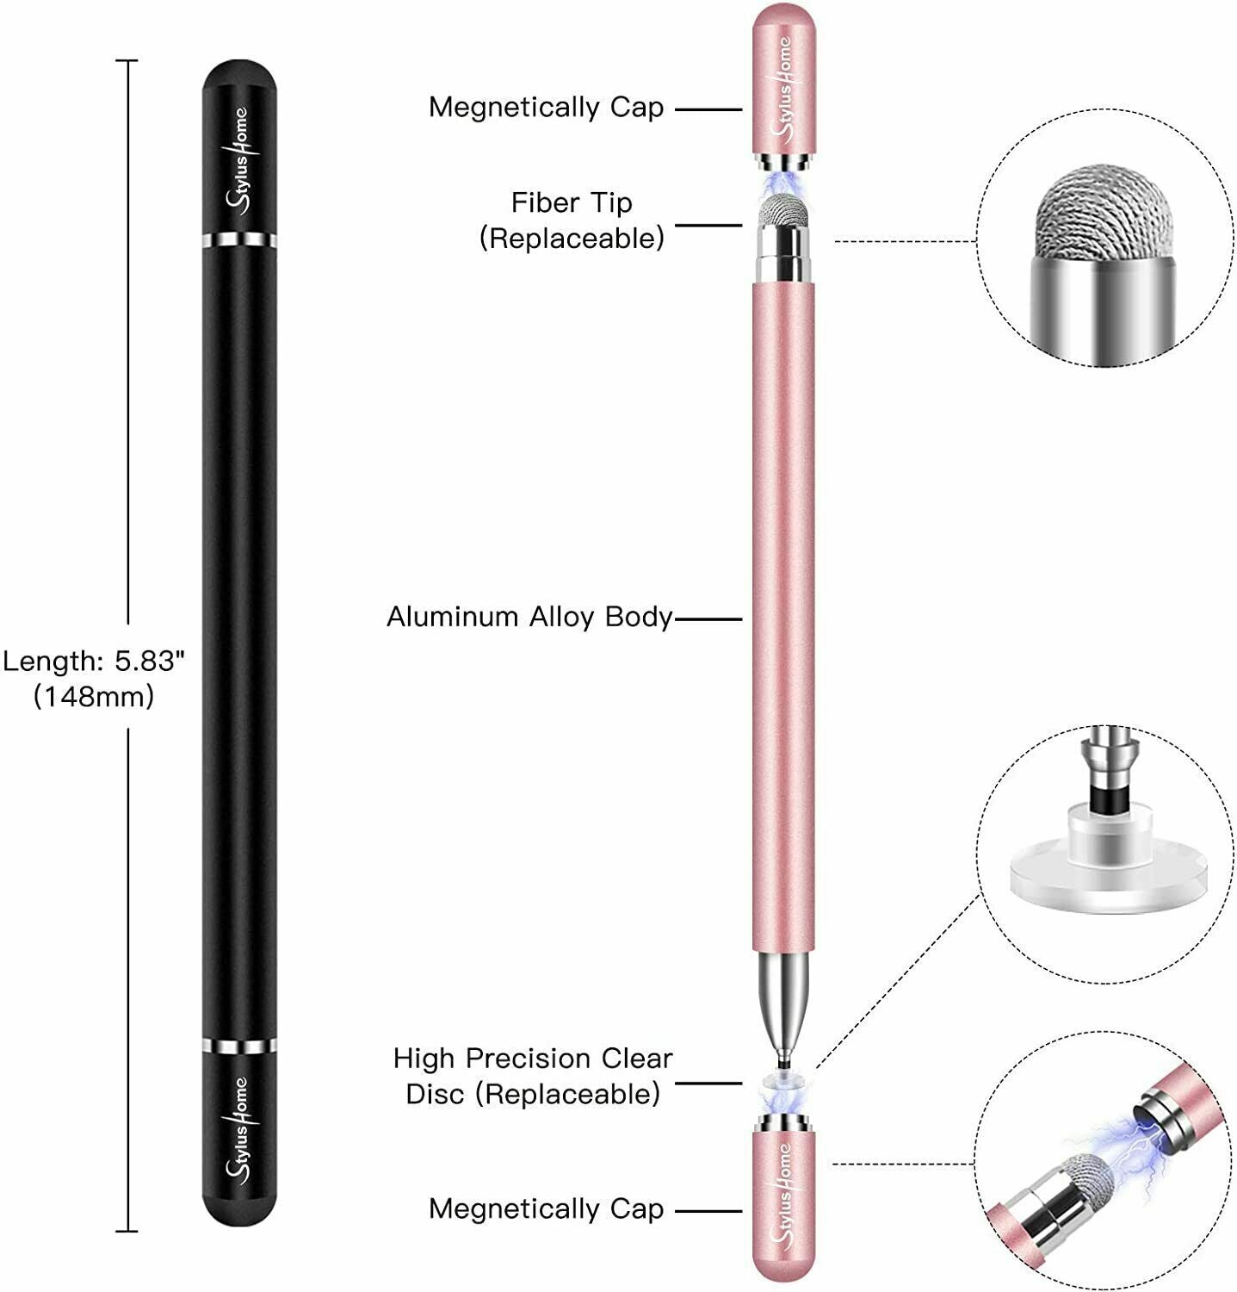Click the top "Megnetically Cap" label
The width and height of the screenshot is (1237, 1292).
click(x=546, y=108)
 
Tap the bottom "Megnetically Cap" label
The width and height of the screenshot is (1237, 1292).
click(x=546, y=1209)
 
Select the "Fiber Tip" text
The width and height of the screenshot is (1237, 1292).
click(x=572, y=202)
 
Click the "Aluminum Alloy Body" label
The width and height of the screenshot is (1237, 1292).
click(x=529, y=617)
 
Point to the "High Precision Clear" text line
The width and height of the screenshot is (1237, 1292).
click(x=533, y=1059)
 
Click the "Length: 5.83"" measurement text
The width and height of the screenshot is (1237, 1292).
click(x=94, y=662)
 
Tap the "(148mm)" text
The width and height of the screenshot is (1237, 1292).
click(x=94, y=696)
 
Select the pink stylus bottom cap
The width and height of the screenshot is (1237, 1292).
click(x=783, y=1206)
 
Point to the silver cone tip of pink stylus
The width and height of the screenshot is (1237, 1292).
click(x=783, y=999)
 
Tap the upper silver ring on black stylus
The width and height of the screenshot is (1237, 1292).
click(x=240, y=239)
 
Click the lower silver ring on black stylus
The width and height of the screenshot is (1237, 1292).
click(x=240, y=1047)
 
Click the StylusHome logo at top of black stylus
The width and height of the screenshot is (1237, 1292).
click(x=238, y=159)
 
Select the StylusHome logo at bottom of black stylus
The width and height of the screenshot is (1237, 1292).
click(x=238, y=1128)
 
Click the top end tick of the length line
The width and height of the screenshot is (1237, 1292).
click(x=127, y=61)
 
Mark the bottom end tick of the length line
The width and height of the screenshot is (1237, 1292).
click(x=127, y=1231)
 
